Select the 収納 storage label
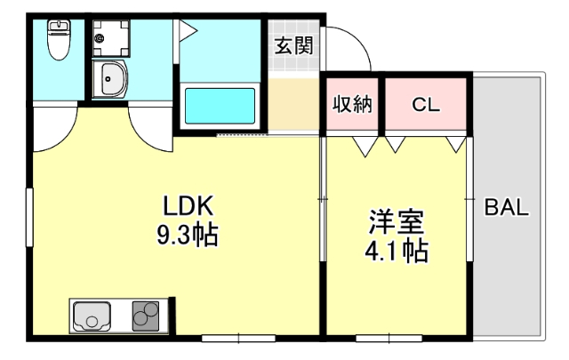tap(352, 104)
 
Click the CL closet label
tap(425, 104)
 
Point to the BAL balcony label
tap(507, 210)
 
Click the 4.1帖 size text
tap(397, 252)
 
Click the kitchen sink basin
tap(92, 316)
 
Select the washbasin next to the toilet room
tap(111, 81)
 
